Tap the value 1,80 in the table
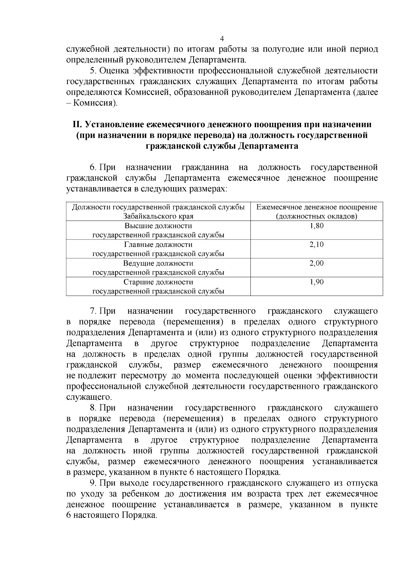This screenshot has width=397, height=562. coord(317,226)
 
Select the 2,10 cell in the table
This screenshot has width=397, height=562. coord(317,245)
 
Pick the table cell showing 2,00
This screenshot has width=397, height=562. coord(317,263)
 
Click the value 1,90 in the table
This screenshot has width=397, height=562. coord(317,282)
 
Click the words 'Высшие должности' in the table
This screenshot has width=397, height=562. coord(158,226)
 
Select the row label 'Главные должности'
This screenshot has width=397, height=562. coord(158,245)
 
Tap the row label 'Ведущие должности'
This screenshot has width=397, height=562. coord(158,263)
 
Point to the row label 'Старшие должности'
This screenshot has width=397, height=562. coord(158,282)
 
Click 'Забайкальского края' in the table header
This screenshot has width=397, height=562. coord(158,217)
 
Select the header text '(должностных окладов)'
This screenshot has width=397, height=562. coord(317,217)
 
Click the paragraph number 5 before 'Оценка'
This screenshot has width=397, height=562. coord(93,71)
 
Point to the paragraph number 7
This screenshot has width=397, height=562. coord(93,311)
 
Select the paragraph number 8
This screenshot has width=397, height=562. coord(93,408)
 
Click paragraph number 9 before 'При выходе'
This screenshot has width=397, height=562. coord(93,483)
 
